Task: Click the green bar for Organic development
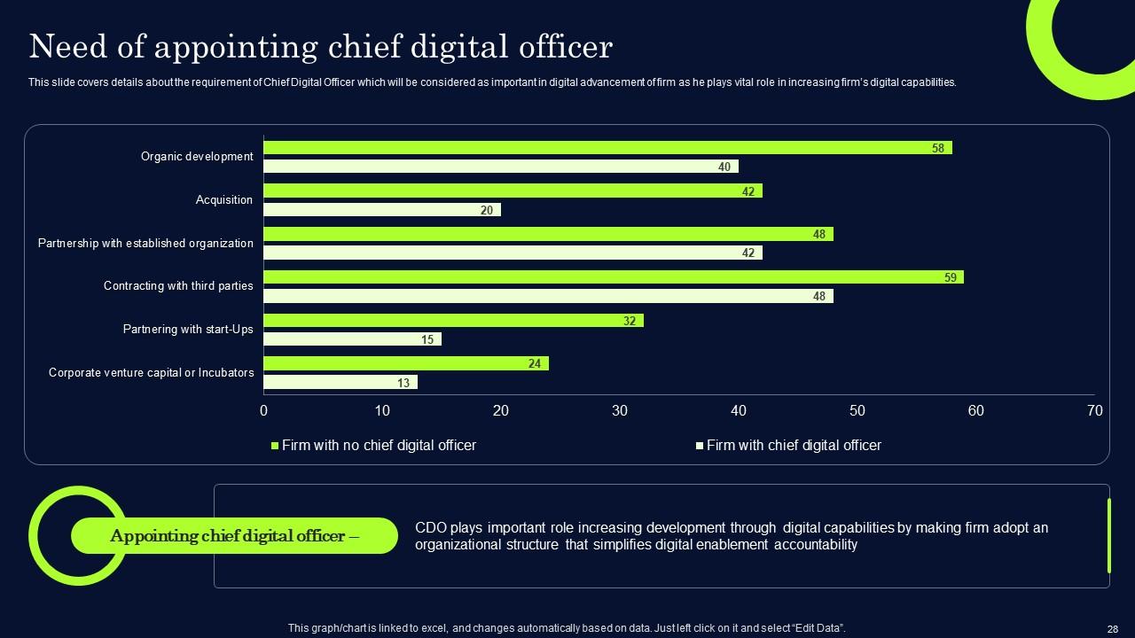[607, 148]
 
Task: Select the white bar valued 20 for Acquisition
[381, 210]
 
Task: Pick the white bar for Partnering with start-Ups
[352, 339]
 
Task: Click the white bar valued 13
[340, 383]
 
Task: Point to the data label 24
[535, 363]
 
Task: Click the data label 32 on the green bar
[630, 321]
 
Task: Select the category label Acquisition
[223, 200]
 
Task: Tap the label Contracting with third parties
[178, 286]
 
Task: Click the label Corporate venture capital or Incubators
[151, 373]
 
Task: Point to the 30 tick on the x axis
[620, 411]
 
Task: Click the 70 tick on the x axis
[1094, 411]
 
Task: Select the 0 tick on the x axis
[263, 411]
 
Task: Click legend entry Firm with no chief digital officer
[378, 446]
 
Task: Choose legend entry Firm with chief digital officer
[793, 446]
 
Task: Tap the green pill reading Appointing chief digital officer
[234, 536]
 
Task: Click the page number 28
[1113, 627]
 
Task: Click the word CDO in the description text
[430, 528]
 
